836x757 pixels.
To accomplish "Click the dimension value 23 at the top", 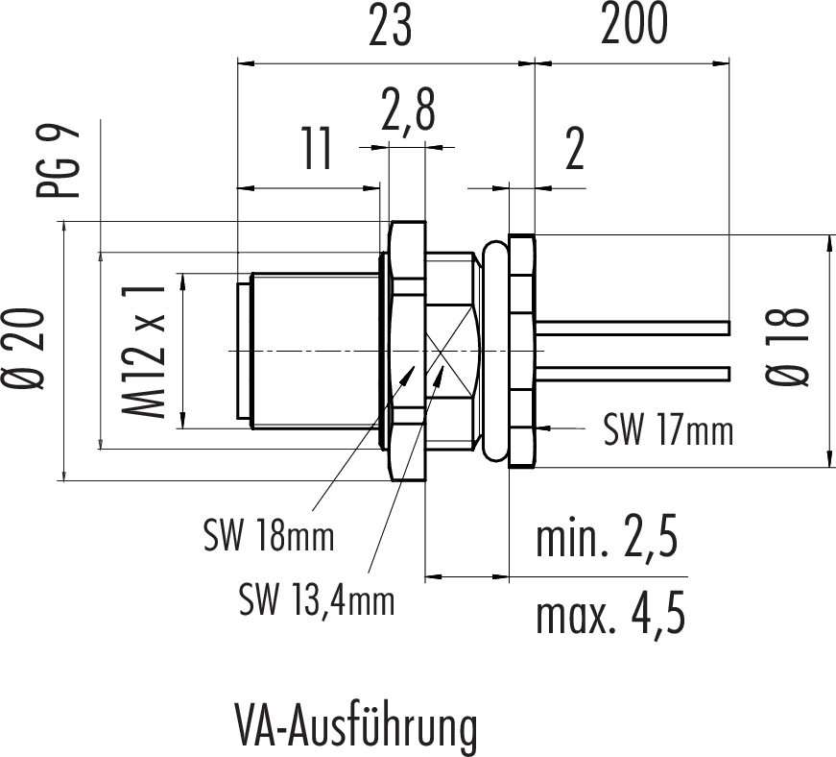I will [x=391, y=29].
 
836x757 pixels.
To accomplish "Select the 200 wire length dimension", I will [x=633, y=29].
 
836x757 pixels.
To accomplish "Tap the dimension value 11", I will [x=312, y=151].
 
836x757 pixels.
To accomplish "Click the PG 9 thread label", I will [x=60, y=162].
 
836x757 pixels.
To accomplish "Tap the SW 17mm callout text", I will [x=668, y=430].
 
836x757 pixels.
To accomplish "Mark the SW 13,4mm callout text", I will [x=317, y=601].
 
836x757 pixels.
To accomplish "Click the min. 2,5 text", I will [x=607, y=541].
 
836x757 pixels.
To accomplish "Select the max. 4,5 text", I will [x=610, y=615].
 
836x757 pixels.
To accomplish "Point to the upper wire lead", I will [x=633, y=328].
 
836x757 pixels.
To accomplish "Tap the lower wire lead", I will [x=633, y=373].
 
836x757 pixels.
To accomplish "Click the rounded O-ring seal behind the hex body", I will [x=495, y=351].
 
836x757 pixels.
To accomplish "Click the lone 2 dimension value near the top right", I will [x=574, y=152].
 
